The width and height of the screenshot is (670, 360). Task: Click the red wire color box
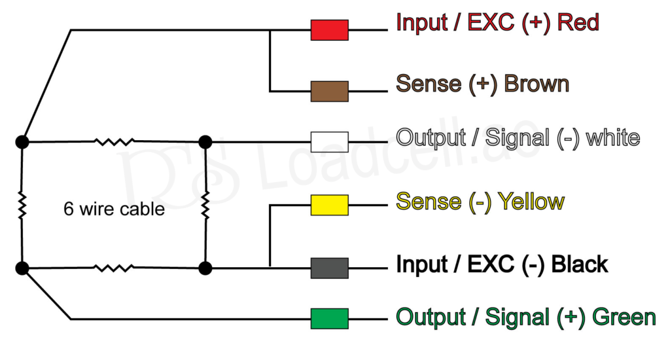coord(329,30)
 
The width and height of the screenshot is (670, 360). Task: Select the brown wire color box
coord(329,92)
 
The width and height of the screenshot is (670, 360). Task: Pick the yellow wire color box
coord(329,205)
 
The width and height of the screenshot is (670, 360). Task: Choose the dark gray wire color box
coord(329,268)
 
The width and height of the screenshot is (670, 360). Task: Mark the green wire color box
coord(329,319)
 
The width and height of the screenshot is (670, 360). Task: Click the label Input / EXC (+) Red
coord(497,23)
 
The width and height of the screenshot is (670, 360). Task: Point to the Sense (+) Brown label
coord(483,84)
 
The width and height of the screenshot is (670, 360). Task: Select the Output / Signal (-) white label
coord(518,138)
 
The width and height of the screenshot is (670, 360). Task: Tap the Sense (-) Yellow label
coord(480,201)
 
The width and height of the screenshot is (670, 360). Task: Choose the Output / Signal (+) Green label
coord(525,317)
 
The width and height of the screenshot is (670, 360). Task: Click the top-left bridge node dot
coord(22,141)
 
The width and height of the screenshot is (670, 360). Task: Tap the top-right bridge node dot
coord(205,141)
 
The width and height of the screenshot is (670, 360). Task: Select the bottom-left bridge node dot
coord(22,268)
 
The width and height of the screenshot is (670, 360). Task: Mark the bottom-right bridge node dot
coord(205,268)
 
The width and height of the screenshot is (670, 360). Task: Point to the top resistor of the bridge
coord(114,141)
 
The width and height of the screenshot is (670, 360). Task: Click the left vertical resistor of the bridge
coord(22,205)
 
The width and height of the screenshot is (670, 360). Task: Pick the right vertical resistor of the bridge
coord(205,205)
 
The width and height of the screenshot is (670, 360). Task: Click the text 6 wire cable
coord(114,209)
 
